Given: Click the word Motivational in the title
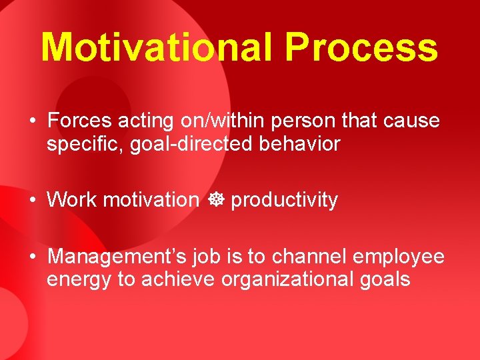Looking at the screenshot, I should [x=157, y=47].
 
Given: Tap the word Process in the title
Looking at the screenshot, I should [x=361, y=47].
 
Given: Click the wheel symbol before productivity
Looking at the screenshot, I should [x=215, y=200].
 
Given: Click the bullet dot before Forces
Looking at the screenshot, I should [x=33, y=122].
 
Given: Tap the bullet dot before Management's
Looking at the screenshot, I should [x=33, y=257].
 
